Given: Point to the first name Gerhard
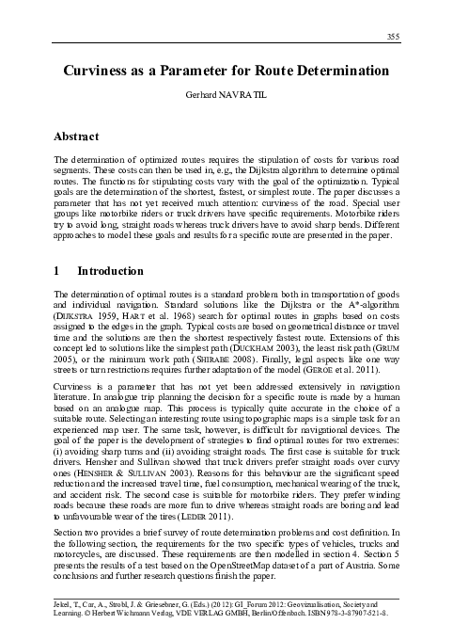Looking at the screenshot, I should pos(205,97).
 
